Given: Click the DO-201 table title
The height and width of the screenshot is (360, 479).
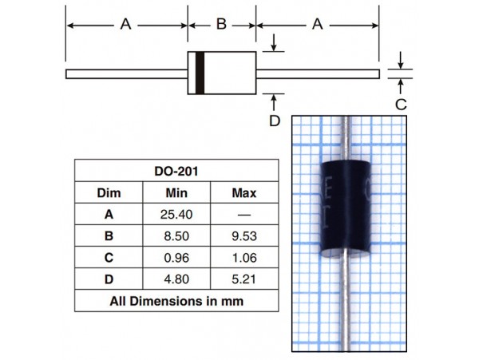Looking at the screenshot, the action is (x=176, y=171).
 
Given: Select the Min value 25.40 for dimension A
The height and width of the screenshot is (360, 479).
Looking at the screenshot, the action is (x=176, y=215).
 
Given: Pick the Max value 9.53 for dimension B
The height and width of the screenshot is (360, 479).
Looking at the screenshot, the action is (x=244, y=236).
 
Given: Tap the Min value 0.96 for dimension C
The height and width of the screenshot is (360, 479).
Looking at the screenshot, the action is (x=176, y=258).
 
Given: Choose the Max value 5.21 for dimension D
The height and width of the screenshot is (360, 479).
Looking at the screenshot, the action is (x=243, y=279).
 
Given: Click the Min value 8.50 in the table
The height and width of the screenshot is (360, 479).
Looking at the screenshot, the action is (x=176, y=236).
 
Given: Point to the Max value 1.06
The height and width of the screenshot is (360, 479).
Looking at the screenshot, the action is (x=244, y=258).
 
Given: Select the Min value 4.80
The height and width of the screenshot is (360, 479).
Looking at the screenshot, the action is (x=176, y=279).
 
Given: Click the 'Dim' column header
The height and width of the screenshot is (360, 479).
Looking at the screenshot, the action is (x=109, y=193).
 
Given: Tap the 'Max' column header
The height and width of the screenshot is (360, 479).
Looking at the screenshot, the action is (x=244, y=193).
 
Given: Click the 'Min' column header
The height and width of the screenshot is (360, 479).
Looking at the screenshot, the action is (x=176, y=193).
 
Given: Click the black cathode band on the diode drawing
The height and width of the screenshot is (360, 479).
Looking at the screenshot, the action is (x=200, y=73).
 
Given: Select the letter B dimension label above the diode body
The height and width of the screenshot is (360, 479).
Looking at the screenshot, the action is (x=221, y=24).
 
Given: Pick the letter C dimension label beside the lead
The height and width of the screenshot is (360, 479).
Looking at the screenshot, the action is (x=401, y=105).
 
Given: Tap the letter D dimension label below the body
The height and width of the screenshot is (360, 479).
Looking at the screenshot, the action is (x=275, y=121).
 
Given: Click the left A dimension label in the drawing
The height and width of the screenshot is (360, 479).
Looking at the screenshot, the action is (x=125, y=24).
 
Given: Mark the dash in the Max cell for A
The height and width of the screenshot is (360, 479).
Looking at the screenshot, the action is (x=244, y=215).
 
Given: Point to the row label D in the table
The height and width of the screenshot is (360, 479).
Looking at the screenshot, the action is (x=109, y=279).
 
